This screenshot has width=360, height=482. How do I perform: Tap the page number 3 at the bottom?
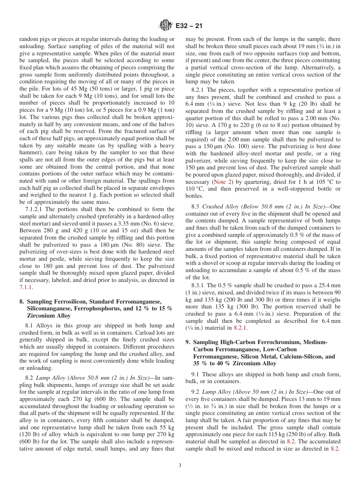point(180,466)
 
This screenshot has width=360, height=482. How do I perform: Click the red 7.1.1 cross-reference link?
point(25,287)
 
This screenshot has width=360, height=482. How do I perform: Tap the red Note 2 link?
point(214,182)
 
